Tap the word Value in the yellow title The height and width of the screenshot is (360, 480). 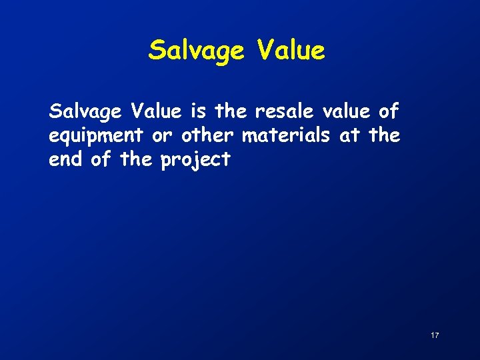click(286, 50)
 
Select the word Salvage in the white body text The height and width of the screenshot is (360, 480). click(85, 112)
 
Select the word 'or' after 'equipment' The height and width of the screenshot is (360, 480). click(162, 136)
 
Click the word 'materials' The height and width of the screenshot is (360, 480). click(286, 135)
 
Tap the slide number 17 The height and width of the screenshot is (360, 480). click(435, 335)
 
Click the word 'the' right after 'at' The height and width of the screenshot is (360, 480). click(384, 135)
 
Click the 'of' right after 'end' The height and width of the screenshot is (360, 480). click(99, 159)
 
